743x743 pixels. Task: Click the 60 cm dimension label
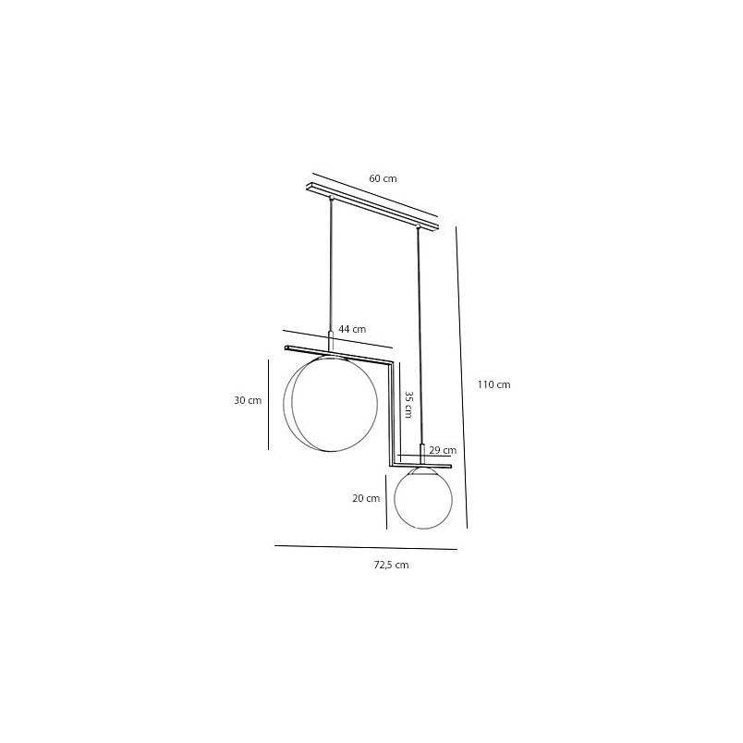(383, 178)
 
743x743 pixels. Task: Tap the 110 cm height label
(493, 384)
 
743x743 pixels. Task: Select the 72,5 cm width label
(391, 565)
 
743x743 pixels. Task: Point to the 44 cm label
(352, 329)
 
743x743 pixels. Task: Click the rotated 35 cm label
(408, 404)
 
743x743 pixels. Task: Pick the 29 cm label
(443, 450)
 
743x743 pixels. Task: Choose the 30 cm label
(248, 400)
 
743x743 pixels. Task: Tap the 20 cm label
(366, 498)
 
